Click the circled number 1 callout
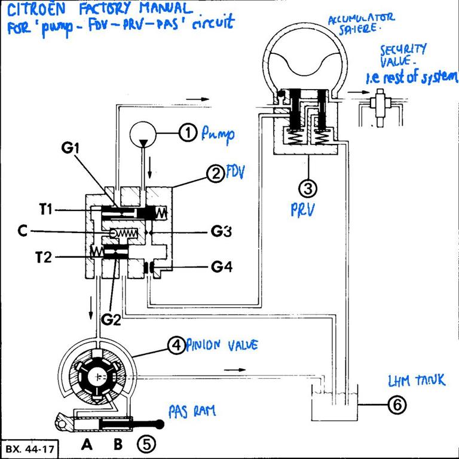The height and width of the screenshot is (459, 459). [x=188, y=134]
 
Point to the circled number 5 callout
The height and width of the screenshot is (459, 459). [x=146, y=443]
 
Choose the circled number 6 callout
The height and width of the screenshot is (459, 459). [x=397, y=405]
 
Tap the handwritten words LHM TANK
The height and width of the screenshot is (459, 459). [x=416, y=379]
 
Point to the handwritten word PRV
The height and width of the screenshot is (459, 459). [x=305, y=210]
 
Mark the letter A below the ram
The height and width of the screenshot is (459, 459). [x=88, y=444]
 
